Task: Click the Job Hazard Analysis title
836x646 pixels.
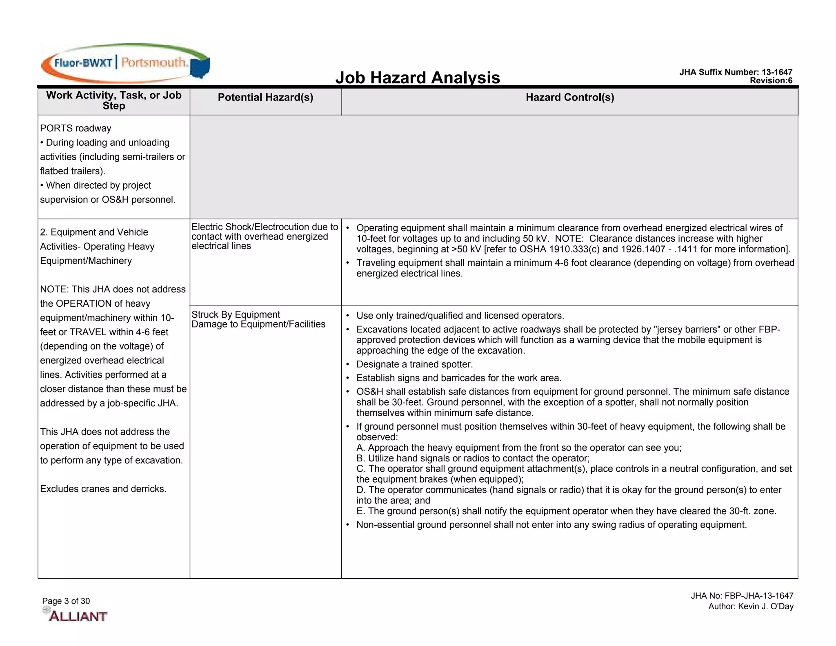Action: click(417, 78)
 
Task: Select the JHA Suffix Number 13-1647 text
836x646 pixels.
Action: click(736, 72)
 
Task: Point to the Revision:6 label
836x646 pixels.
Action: click(771, 80)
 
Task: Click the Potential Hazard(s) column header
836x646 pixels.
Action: click(265, 97)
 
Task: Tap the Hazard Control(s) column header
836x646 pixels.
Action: click(569, 97)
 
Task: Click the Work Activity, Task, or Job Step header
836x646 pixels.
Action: click(113, 100)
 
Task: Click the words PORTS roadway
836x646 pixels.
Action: click(76, 128)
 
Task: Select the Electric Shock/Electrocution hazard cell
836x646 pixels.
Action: click(265, 236)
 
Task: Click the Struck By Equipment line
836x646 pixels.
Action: click(236, 314)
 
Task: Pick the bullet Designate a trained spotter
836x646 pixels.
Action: click(414, 364)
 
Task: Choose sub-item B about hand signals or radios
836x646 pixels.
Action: click(473, 458)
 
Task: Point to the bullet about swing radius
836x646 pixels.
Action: click(551, 525)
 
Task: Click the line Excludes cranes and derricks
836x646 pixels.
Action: click(103, 489)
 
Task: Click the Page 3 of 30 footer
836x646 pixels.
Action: click(66, 601)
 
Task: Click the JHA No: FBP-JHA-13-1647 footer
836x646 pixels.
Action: click(742, 596)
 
